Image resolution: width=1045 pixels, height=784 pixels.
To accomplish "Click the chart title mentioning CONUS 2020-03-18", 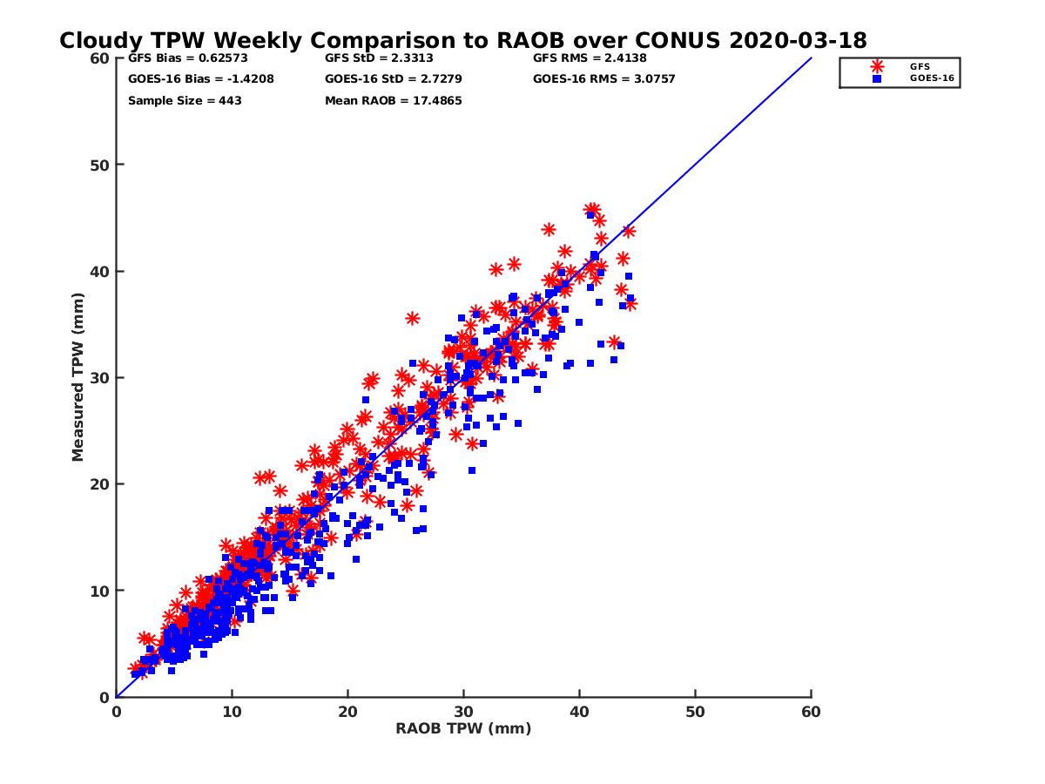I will (462, 40).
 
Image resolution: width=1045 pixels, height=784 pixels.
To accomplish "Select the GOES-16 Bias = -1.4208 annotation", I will (188, 79).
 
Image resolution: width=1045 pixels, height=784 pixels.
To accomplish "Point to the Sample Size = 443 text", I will (185, 100).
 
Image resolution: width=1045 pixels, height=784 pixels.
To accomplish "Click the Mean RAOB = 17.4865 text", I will (393, 100).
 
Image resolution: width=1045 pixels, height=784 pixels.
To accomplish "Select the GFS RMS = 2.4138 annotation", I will (590, 58).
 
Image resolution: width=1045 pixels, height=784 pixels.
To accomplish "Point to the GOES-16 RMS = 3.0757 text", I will (603, 79).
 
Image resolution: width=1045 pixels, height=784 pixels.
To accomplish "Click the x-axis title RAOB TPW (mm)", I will (463, 729).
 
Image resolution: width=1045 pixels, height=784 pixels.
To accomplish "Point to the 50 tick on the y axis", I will (102, 165).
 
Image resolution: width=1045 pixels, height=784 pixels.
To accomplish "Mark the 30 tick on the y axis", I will (102, 377).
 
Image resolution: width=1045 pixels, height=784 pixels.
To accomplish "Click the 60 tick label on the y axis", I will (102, 58).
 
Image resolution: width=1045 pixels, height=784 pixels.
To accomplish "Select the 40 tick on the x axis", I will (579, 712).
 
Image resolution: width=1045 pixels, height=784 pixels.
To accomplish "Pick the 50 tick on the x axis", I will (695, 712).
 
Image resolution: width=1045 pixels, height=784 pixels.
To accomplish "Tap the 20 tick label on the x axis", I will (347, 712).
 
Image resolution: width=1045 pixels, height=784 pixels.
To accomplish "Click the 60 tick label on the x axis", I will (811, 712).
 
